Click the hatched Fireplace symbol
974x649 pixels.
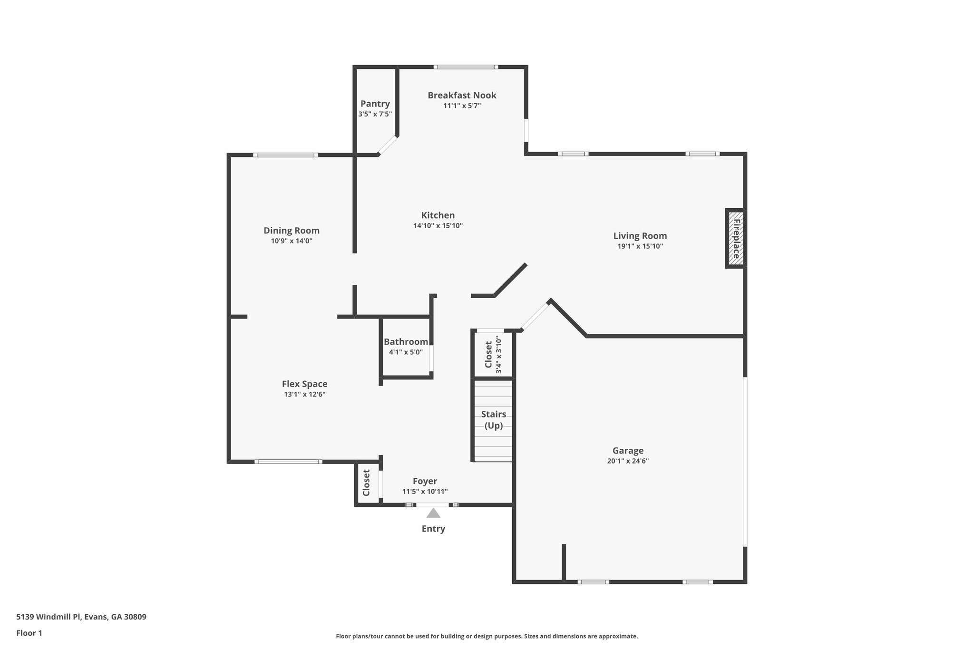coord(736,238)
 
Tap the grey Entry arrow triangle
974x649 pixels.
coord(433,513)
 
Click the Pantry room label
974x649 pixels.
coord(375,104)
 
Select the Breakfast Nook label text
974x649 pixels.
coord(461,95)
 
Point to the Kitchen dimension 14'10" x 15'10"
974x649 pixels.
coord(438,226)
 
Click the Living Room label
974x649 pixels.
coord(640,236)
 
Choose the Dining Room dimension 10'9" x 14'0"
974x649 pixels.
coord(292,241)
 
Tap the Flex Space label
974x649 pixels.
coord(304,384)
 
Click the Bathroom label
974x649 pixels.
coord(406,341)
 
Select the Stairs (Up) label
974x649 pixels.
coord(493,420)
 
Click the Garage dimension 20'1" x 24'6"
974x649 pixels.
coord(628,461)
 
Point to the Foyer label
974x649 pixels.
coord(425,481)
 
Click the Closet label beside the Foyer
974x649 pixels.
coord(366,483)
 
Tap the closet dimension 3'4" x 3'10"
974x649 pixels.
coord(498,355)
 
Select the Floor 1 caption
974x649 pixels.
coord(29,633)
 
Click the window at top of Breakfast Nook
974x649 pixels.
coord(466,67)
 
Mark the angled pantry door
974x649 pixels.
coord(388,145)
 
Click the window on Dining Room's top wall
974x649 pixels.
coord(285,155)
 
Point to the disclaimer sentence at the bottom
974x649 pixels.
coord(487,636)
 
